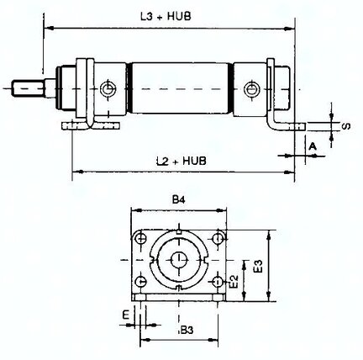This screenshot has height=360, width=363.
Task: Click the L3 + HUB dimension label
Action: [x=166, y=16]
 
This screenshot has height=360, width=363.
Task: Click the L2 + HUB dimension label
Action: [x=181, y=161]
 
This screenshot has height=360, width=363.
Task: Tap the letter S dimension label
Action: [x=346, y=126]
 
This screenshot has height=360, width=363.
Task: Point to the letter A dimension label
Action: [x=313, y=146]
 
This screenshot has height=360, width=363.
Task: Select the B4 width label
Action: [x=179, y=199]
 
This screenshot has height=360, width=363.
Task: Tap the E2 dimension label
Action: [x=234, y=281]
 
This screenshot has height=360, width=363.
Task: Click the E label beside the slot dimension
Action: [x=126, y=315]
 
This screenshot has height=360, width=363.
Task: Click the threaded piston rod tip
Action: [x=28, y=88]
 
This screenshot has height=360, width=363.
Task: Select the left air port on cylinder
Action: [x=108, y=89]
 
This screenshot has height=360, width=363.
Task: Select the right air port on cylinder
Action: [x=251, y=89]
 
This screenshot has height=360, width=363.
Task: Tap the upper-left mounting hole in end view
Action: [x=140, y=239]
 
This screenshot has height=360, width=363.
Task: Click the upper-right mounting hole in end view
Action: [x=218, y=239]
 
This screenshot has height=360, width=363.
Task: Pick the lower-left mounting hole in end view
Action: [x=140, y=282]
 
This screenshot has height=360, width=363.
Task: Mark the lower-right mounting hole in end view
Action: [x=218, y=282]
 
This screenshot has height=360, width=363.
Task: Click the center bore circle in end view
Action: [x=179, y=260]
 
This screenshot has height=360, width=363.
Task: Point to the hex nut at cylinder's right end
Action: [x=282, y=87]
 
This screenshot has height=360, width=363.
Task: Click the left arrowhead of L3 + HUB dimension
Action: [x=49, y=28]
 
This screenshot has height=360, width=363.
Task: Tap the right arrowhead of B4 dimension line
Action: [x=222, y=210]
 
